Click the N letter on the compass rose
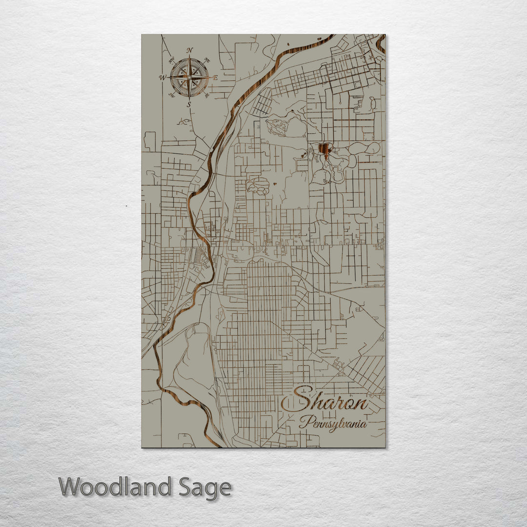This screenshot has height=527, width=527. (x=190, y=50)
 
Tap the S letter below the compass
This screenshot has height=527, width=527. (x=189, y=104)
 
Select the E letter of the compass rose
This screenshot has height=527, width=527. (x=215, y=77)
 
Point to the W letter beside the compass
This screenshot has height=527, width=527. (x=162, y=77)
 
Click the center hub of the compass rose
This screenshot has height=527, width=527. (x=189, y=77)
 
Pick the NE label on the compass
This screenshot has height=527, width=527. (x=207, y=61)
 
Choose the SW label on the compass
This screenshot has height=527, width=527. (x=172, y=95)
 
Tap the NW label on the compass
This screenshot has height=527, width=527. (x=172, y=61)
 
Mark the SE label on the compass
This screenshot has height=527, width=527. (x=207, y=95)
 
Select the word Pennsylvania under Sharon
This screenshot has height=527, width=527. (x=333, y=423)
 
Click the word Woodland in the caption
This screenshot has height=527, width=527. (x=115, y=487)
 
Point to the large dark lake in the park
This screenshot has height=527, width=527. (x=324, y=150)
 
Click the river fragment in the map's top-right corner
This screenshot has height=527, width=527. (x=380, y=43)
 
